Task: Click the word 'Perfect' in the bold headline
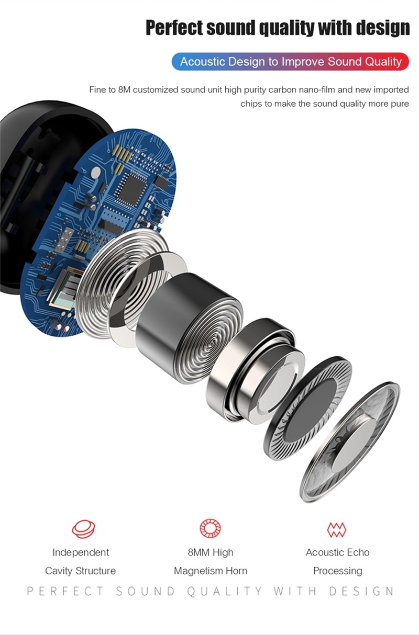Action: tap(174, 28)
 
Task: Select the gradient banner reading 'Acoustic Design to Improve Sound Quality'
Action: tap(290, 62)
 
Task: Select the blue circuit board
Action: tap(100, 232)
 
